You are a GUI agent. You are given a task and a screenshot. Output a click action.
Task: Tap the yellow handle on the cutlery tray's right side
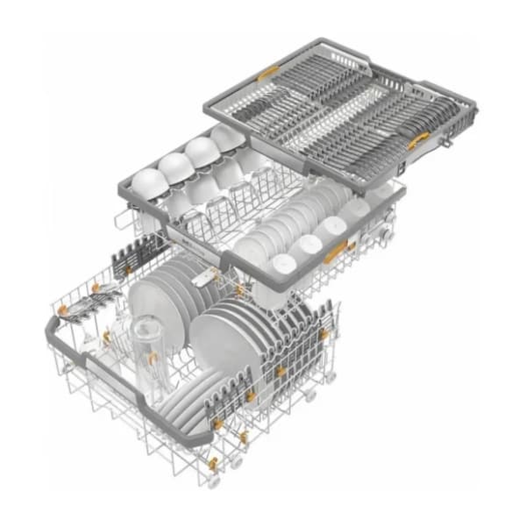click(418, 139)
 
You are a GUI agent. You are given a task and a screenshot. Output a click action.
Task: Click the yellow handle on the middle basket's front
click(333, 254)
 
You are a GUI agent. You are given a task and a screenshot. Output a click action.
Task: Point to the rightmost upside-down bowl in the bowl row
click(226, 137)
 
